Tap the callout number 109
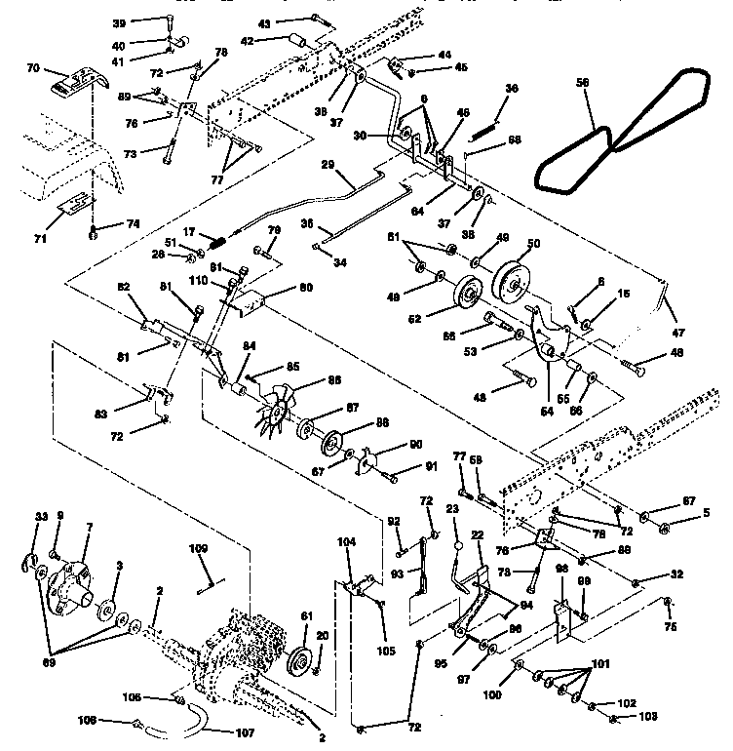pos(198,550)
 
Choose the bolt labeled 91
pos(392,476)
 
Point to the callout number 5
pos(692,510)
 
